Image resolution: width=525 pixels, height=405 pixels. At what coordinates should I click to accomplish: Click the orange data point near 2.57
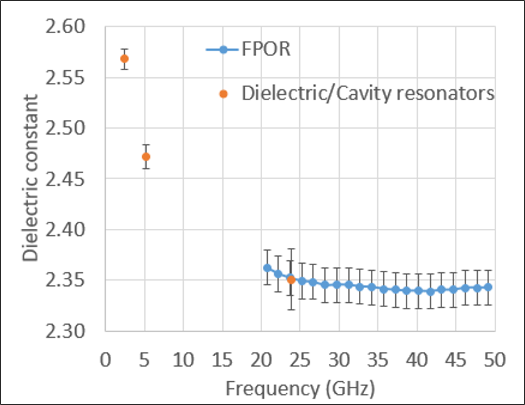(x=124, y=59)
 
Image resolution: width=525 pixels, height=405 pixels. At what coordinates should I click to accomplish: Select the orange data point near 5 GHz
(x=146, y=157)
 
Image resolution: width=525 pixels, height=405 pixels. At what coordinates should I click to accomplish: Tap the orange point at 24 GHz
(x=291, y=280)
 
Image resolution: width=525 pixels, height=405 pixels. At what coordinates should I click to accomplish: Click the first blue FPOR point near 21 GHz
(x=267, y=268)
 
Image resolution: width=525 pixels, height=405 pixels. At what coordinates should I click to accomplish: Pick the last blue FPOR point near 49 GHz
(x=488, y=287)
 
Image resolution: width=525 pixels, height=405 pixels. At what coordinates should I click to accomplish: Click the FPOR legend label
(x=266, y=49)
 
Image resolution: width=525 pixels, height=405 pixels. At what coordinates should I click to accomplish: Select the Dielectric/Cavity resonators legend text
(x=368, y=94)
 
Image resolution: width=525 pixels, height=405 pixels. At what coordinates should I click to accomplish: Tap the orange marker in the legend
(x=223, y=94)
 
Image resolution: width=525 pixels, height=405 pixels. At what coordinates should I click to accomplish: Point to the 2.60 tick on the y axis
(x=65, y=27)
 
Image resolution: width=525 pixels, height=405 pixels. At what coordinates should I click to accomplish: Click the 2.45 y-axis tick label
(x=65, y=179)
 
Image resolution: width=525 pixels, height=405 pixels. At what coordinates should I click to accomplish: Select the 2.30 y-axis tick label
(x=65, y=331)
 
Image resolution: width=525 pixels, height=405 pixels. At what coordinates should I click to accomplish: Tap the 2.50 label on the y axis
(x=65, y=128)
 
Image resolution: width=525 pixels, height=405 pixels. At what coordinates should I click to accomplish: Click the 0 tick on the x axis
(x=106, y=360)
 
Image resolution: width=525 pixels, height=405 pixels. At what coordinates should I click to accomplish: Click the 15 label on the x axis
(x=222, y=360)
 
